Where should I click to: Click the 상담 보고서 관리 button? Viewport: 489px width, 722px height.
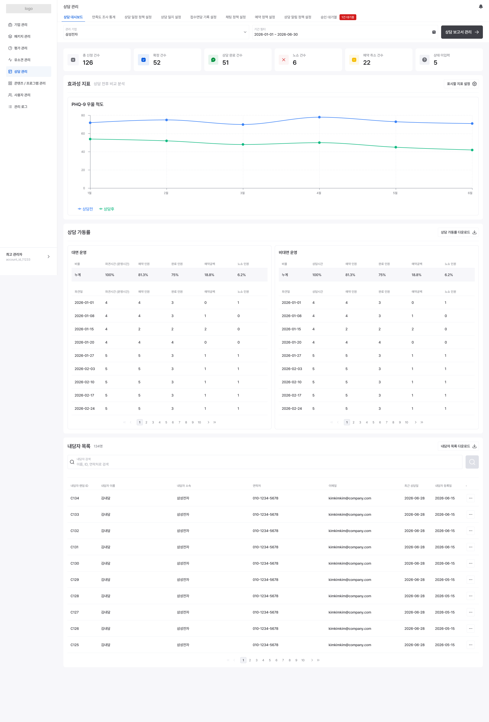pyautogui.click(x=462, y=32)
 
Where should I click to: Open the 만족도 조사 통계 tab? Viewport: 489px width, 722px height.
pyautogui.click(x=103, y=17)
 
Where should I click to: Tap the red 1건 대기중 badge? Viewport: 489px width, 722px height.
pyautogui.click(x=348, y=17)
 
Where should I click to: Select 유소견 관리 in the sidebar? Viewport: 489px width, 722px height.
pyautogui.click(x=22, y=60)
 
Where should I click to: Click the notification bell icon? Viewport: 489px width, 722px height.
pyautogui.click(x=481, y=7)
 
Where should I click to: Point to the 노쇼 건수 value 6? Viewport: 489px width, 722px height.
pyautogui.click(x=294, y=62)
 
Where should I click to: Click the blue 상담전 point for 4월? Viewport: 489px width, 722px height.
pyautogui.click(x=319, y=117)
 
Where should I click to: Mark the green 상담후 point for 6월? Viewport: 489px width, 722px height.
pyautogui.click(x=472, y=150)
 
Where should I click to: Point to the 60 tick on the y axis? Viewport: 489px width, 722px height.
pyautogui.click(x=83, y=134)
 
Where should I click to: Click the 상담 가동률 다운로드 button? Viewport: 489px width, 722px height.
pyautogui.click(x=458, y=232)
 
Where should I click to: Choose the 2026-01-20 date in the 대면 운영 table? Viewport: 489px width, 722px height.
pyautogui.click(x=84, y=342)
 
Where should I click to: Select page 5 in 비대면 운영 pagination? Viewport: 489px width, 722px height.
pyautogui.click(x=373, y=422)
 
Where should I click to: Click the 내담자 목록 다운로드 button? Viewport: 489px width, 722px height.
pyautogui.click(x=458, y=446)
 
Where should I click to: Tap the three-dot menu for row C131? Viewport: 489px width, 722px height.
pyautogui.click(x=470, y=547)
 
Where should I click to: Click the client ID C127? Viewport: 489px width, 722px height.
pyautogui.click(x=75, y=612)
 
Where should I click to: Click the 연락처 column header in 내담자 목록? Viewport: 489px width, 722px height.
pyautogui.click(x=257, y=486)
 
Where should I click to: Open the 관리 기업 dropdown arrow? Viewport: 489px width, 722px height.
pyautogui.click(x=245, y=32)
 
